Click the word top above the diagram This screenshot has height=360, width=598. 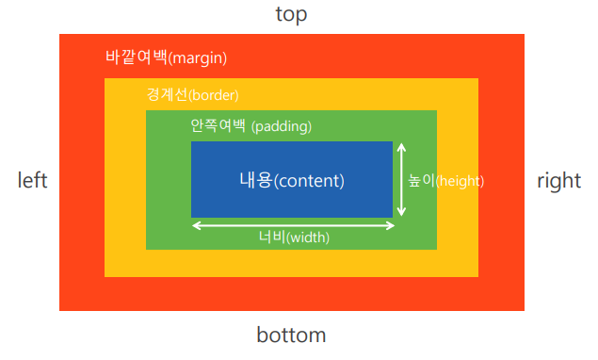291,14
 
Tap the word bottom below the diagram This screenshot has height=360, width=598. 291,335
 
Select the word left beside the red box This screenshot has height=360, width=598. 32,180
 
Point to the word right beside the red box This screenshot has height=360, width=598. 559,180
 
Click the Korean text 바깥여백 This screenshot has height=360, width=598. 137,57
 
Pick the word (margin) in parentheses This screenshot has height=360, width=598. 198,58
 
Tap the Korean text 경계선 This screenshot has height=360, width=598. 167,94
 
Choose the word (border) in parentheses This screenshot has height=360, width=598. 213,94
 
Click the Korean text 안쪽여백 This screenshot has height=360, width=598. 218,125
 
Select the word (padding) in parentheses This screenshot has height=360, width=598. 282,126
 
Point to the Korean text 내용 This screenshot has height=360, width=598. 256,180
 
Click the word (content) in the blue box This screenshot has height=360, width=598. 309,181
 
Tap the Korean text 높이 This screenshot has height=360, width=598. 421,180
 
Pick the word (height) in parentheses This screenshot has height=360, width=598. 460,181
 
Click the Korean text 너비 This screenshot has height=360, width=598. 272,237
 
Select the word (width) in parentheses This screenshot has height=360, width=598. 308,237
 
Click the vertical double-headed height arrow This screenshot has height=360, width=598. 401,179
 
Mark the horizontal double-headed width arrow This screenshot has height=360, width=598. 293,225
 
